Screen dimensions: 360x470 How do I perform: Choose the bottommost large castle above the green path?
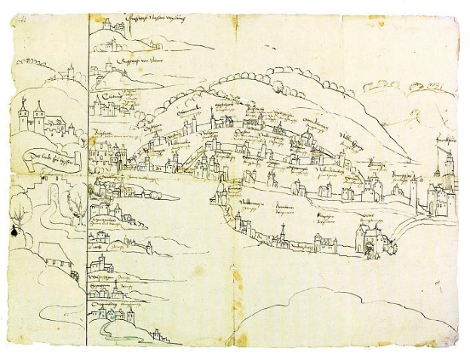(x=113, y=309)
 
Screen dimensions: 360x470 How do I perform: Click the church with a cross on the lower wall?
(x=281, y=238)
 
